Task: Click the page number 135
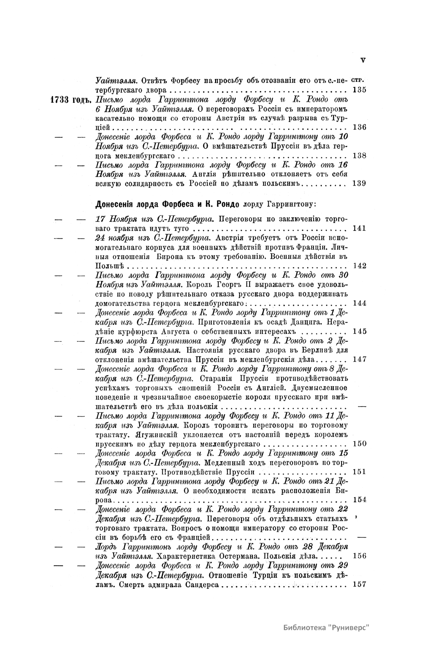click(359, 90)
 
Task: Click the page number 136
click(359, 127)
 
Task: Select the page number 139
click(359, 183)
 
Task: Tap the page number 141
click(359, 228)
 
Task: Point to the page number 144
click(359, 303)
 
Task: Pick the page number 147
click(359, 359)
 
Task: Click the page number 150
click(359, 443)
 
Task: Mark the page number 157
click(359, 584)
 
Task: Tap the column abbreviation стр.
click(358, 81)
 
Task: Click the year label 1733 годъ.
click(71, 99)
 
